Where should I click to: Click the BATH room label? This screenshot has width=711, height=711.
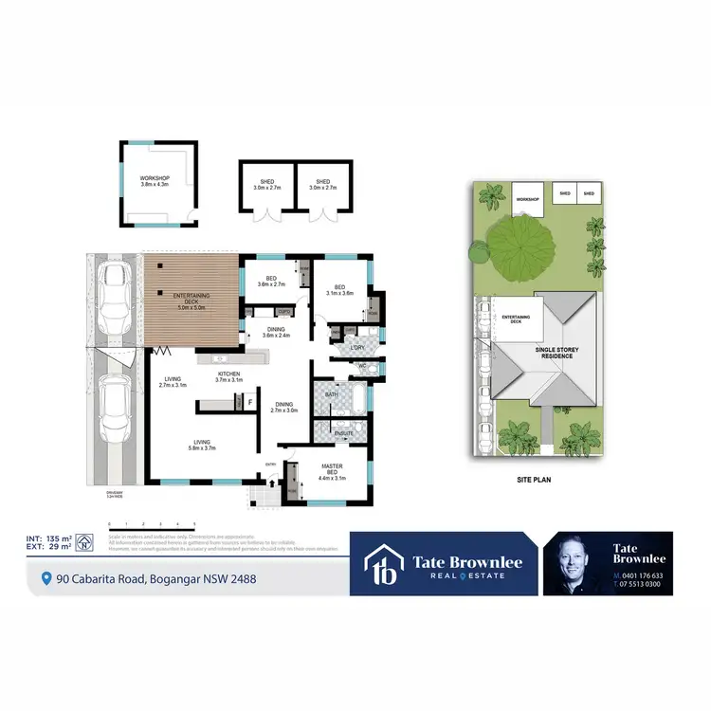[x=332, y=392]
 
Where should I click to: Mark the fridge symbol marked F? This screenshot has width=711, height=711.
[x=249, y=402]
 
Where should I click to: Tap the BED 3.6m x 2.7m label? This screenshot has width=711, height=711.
[x=271, y=281]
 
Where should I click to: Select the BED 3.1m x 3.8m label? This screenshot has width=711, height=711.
[x=338, y=289]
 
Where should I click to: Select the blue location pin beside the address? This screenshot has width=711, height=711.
[x=46, y=578]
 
